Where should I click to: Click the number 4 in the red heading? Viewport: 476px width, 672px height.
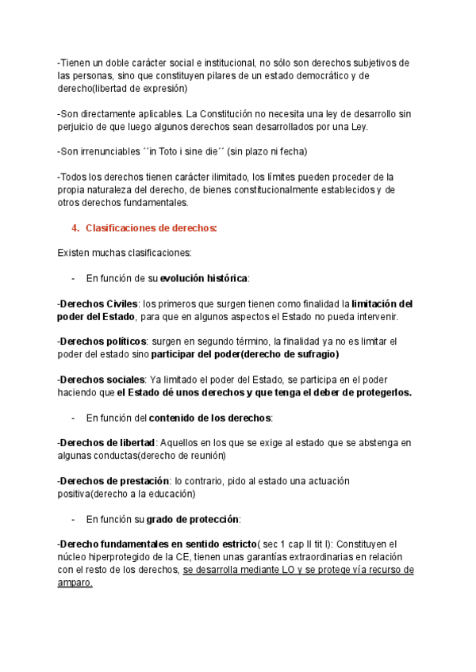(74, 228)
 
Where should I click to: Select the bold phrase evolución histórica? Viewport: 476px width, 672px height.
(204, 278)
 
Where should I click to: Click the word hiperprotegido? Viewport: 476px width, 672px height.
(125, 557)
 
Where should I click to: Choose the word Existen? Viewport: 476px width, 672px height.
(75, 253)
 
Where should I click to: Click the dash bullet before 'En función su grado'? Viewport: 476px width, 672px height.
(74, 519)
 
